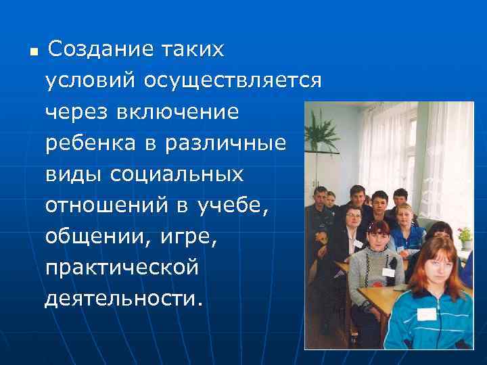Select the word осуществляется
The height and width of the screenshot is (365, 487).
pos(231,81)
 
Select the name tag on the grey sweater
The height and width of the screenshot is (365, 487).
pos(389,272)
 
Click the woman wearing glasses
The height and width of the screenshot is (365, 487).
pos(352,220)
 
